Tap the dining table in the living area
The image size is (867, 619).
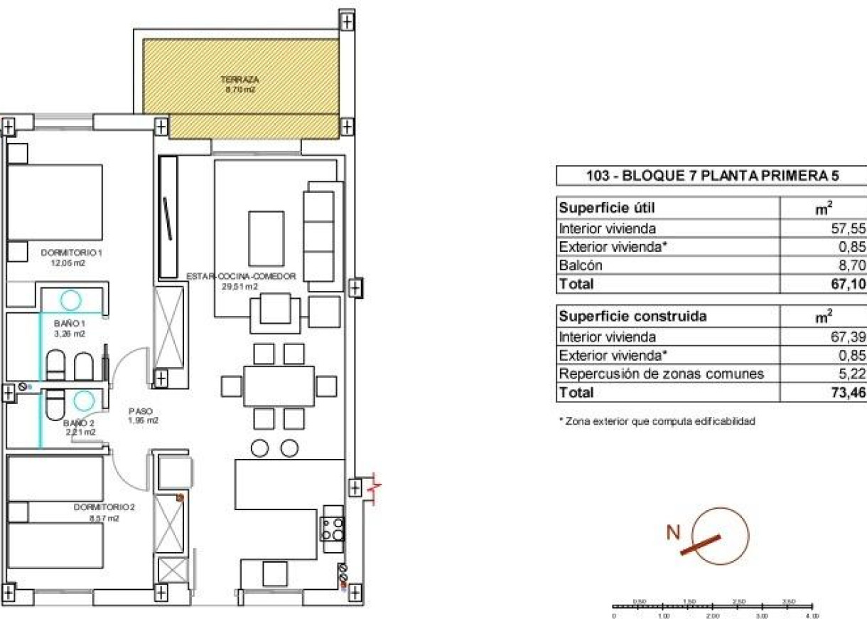pos(279,386)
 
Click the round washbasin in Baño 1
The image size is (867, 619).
pos(71,300)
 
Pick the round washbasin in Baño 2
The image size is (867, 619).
pos(84,402)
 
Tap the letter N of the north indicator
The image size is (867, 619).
pos(674,531)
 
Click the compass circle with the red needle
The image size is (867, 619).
pos(724,534)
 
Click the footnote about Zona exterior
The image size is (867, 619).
pos(657,421)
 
